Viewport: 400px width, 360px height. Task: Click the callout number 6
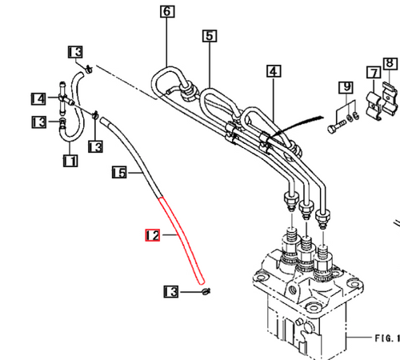(x=166, y=12)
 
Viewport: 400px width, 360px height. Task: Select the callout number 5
(x=209, y=35)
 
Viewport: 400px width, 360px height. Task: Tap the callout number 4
(x=274, y=72)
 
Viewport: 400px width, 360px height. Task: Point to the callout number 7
(x=374, y=73)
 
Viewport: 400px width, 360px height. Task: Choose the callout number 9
(x=346, y=86)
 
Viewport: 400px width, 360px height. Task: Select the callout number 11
(x=70, y=161)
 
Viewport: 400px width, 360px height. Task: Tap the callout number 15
(x=119, y=171)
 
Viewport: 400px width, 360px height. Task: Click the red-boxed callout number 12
(x=151, y=235)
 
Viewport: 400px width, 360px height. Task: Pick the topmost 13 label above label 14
(x=74, y=52)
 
